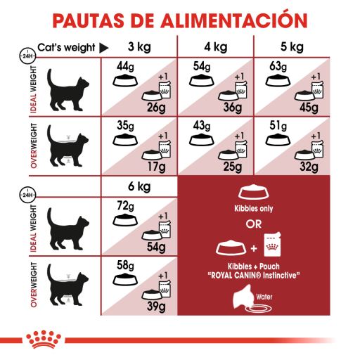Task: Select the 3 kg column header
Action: [138, 48]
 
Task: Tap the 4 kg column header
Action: [215, 48]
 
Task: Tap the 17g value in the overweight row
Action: [155, 167]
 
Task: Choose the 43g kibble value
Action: [201, 127]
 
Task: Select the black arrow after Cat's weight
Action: [103, 48]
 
